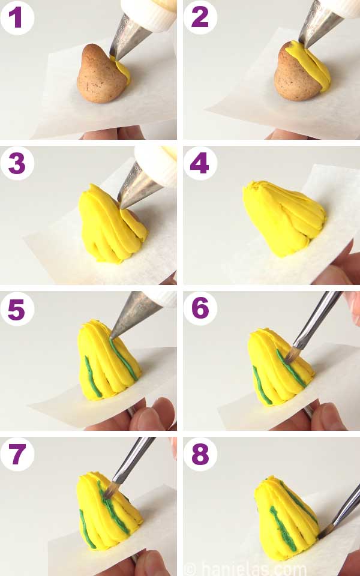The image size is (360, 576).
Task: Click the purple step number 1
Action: (x=16, y=17)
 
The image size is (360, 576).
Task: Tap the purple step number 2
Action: (x=200, y=17)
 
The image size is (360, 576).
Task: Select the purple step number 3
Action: (x=17, y=163)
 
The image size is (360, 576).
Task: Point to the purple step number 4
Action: (x=199, y=163)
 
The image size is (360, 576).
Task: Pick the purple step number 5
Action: (x=16, y=308)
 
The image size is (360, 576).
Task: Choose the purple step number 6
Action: (x=200, y=308)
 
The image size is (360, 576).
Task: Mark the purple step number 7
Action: (x=17, y=454)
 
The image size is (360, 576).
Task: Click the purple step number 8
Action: (x=200, y=454)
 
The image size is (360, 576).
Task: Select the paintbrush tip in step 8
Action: (x=326, y=531)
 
